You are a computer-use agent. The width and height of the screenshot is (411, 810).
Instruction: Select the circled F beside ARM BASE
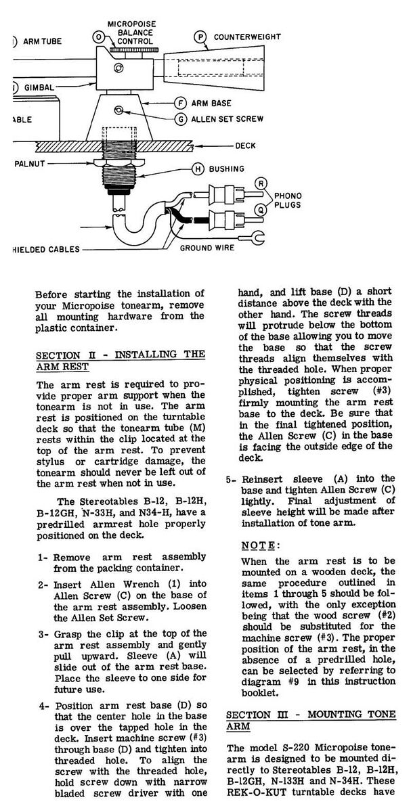pyautogui.click(x=180, y=104)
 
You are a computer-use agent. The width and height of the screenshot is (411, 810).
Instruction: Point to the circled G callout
pyautogui.click(x=180, y=119)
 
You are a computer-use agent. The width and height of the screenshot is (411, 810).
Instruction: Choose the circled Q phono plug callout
pyautogui.click(x=262, y=210)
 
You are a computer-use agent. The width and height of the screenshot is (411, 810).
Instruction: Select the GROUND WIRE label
pyautogui.click(x=207, y=248)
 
